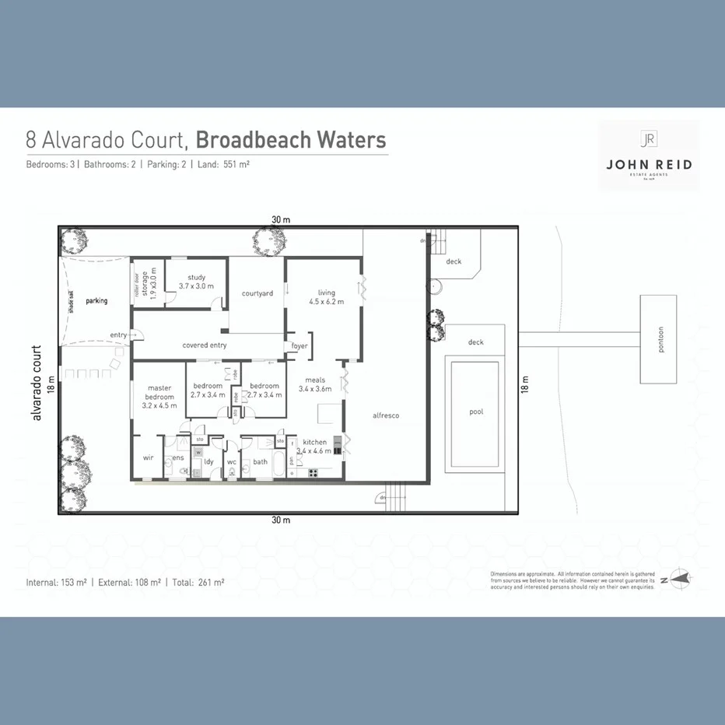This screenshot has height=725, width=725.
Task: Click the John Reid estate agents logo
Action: (x=648, y=156)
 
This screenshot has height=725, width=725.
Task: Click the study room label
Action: (x=196, y=278)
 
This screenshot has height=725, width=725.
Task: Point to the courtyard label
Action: (x=257, y=293)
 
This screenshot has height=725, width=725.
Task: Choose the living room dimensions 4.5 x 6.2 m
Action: (x=326, y=301)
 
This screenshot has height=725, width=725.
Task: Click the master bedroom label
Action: (x=159, y=393)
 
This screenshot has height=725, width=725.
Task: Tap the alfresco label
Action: (x=386, y=415)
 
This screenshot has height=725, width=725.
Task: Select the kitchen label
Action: (x=315, y=442)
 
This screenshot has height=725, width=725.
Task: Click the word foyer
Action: (x=299, y=345)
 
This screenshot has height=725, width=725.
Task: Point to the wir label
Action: (x=148, y=458)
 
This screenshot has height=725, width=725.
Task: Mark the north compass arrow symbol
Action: (x=676, y=580)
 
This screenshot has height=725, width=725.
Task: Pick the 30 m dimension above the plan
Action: (x=281, y=220)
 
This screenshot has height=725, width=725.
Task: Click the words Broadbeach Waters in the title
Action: (x=291, y=140)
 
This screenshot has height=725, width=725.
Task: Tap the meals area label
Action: (x=315, y=380)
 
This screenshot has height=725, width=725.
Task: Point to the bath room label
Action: (x=260, y=461)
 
